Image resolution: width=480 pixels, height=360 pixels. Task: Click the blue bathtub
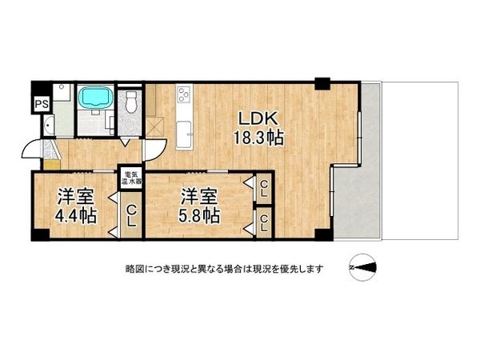[95, 98]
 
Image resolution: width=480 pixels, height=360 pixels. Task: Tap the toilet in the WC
[132, 102]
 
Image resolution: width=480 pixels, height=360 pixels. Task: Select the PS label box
[39, 103]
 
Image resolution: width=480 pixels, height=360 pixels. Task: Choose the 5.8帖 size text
[199, 215]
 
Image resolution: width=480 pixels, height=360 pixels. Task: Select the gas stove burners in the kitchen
[183, 95]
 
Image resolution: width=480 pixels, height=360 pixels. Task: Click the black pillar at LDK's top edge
[322, 82]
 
